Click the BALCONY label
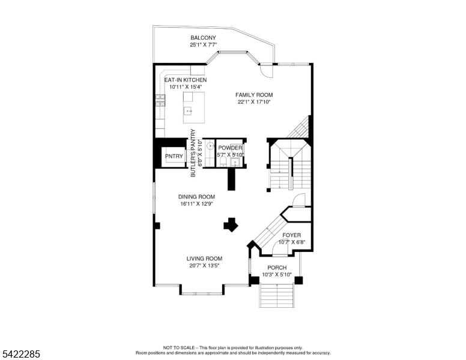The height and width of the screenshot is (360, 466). [203, 38]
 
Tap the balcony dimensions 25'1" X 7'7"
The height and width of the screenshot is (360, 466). [203, 45]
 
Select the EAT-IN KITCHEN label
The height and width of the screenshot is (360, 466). [186, 80]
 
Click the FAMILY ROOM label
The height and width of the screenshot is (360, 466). [254, 95]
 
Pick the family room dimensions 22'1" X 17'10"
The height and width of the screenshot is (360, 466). [254, 102]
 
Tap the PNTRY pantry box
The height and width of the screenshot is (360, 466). [174, 156]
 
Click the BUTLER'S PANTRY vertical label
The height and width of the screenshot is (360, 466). [193, 153]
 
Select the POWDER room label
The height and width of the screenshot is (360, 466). [230, 148]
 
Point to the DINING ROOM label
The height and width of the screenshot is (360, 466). [196, 197]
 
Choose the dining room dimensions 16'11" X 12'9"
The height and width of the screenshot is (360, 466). [196, 204]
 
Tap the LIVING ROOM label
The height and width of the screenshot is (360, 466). [204, 259]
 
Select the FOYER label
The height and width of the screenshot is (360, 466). [292, 235]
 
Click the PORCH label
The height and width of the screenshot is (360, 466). [277, 268]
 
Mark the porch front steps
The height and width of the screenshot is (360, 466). [277, 296]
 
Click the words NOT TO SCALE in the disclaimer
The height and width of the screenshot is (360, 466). [179, 347]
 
